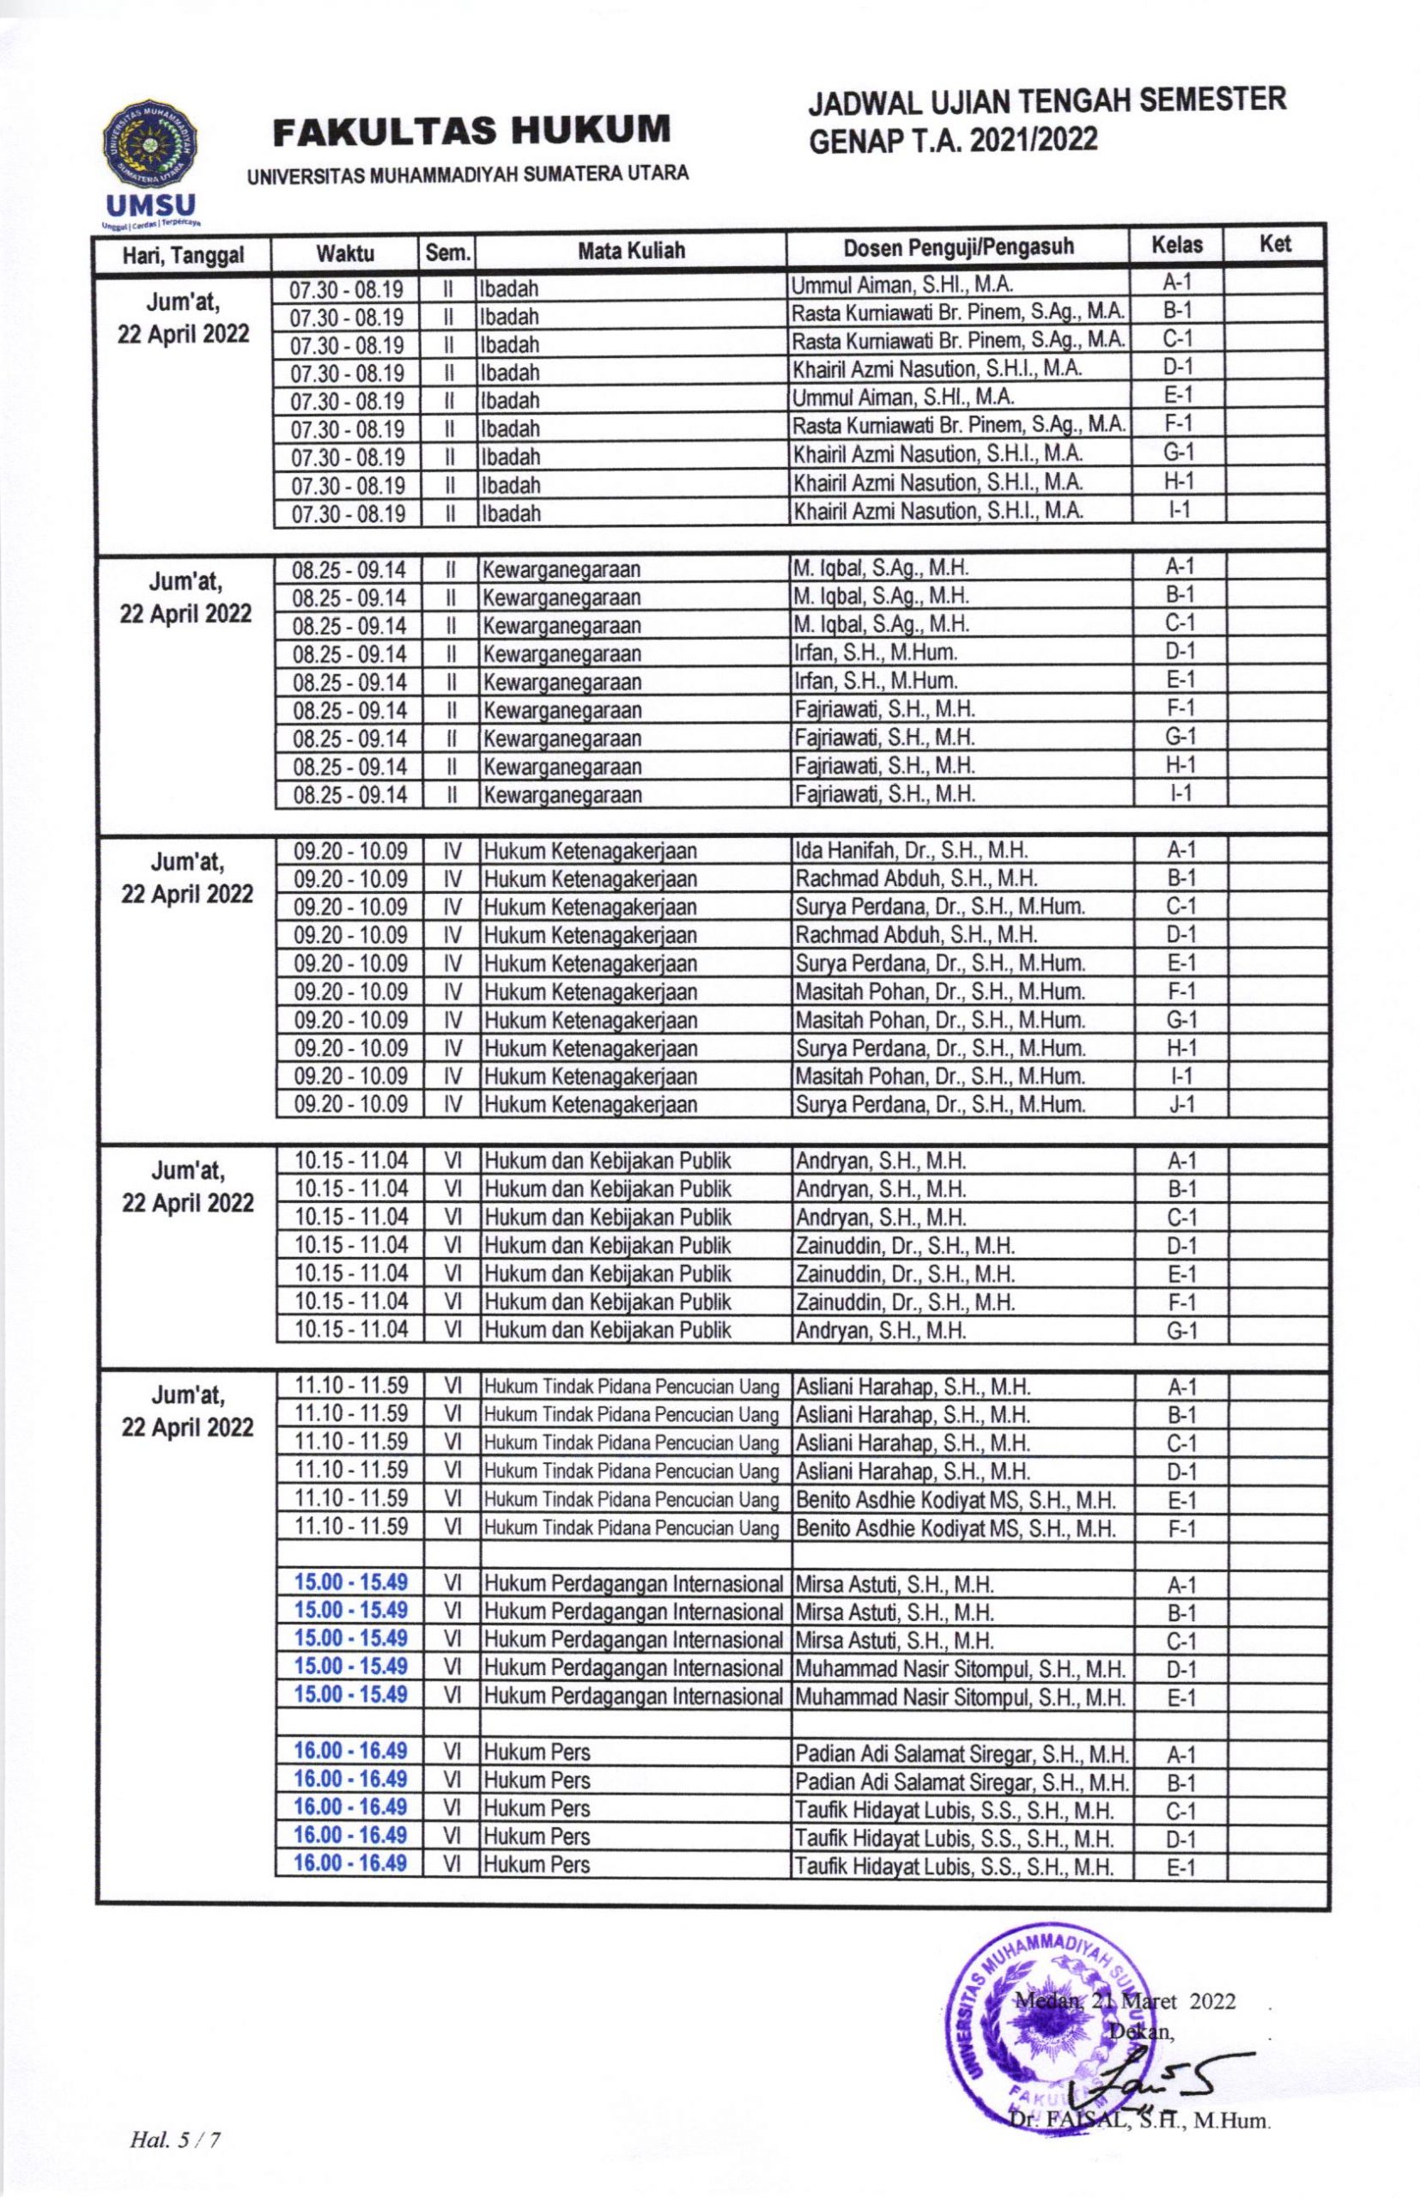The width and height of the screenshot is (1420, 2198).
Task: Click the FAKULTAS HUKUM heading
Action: pyautogui.click(x=471, y=131)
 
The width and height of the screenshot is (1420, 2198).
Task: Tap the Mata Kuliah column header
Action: pyautogui.click(x=631, y=250)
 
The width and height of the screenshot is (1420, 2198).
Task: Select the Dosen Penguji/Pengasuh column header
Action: pyautogui.click(x=958, y=247)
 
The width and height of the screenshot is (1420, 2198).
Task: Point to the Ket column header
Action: pyautogui.click(x=1274, y=245)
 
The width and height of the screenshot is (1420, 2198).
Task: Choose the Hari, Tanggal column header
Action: pyautogui.click(x=183, y=255)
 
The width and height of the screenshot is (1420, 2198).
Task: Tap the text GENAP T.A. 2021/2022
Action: pyautogui.click(x=954, y=140)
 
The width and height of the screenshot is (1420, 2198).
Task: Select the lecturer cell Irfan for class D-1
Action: pyautogui.click(x=875, y=653)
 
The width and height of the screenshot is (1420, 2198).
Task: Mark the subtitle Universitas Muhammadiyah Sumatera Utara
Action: pyautogui.click(x=468, y=174)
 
